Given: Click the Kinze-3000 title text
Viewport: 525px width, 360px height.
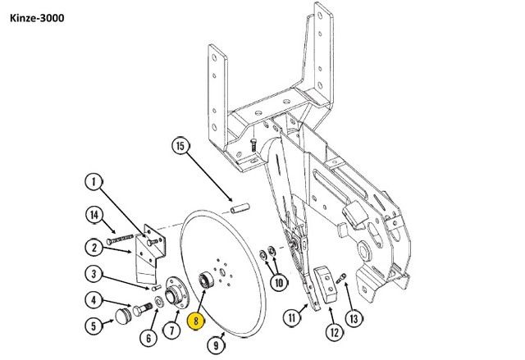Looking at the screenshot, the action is [x=37, y=18].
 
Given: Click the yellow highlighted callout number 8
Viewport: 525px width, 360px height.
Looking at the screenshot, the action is [x=196, y=321].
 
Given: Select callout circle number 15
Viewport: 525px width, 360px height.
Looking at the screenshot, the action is [x=180, y=146].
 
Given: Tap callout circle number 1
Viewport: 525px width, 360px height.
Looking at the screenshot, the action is [x=94, y=182].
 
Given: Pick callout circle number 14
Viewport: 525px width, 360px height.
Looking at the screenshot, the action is [x=94, y=215].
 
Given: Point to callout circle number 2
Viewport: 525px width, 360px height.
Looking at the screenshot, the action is [x=94, y=248].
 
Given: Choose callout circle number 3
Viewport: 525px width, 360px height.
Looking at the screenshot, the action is [x=94, y=274].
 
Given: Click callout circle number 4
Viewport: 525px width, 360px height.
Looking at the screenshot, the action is [x=94, y=300].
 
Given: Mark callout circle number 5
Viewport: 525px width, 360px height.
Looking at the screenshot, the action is [x=94, y=326].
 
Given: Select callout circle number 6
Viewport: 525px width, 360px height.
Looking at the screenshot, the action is [x=148, y=338].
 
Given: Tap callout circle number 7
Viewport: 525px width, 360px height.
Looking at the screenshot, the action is [x=172, y=330].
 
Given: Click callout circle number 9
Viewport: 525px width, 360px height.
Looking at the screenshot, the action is [x=216, y=344].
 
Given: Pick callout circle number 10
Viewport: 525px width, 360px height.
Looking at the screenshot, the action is [x=279, y=283].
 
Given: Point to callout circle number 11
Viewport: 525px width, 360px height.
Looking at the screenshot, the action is [x=292, y=317].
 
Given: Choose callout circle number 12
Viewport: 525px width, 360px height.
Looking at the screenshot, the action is [x=335, y=332].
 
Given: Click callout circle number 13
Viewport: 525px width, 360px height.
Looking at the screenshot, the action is [x=354, y=318].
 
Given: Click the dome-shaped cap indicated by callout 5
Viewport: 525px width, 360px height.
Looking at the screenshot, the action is [x=124, y=317].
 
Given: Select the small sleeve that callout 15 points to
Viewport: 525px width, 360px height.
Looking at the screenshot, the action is [x=240, y=207].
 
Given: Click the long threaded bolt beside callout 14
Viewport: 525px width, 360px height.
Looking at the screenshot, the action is [x=120, y=239].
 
